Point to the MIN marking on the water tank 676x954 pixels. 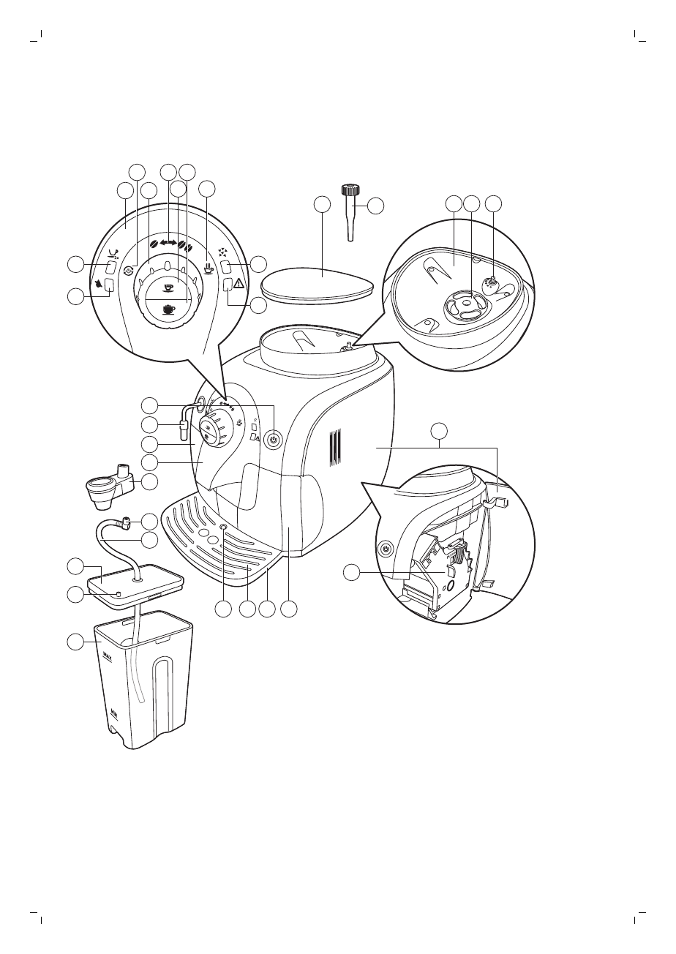[113, 710]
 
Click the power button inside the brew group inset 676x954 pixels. [385, 549]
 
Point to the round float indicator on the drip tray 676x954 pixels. [223, 527]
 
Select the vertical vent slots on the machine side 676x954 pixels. [334, 448]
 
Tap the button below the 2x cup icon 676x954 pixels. [111, 267]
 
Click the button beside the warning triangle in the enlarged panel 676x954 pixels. [227, 285]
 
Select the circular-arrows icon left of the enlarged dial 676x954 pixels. [128, 270]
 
